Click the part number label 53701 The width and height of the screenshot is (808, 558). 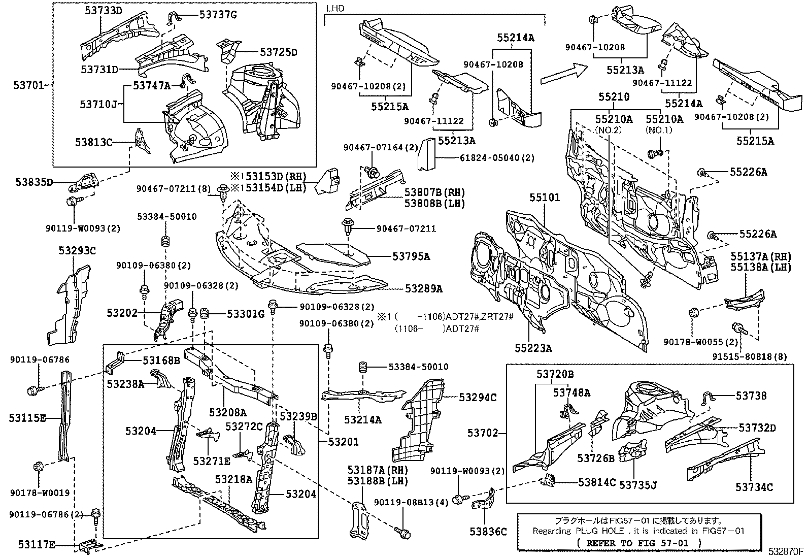28,85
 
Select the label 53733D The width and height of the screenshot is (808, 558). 104,11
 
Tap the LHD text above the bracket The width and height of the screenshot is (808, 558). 335,8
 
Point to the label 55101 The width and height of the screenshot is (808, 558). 545,198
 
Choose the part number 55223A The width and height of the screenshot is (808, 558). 533,348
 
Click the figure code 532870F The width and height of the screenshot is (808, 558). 786,551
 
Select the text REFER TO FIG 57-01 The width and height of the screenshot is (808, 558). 637,543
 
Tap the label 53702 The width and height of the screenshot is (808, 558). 483,433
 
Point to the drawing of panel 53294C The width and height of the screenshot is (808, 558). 418,420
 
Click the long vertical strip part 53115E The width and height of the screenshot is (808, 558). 65,415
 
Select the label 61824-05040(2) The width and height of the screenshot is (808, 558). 497,158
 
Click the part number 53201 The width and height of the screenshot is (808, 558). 344,442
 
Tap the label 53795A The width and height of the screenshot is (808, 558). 411,256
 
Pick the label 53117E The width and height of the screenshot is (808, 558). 37,545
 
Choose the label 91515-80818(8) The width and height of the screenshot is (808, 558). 750,356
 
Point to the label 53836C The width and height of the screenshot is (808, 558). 488,532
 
